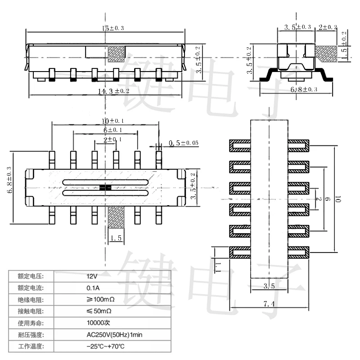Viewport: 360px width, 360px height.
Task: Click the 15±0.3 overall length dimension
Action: [110, 28]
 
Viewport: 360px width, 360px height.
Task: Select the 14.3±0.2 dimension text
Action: [113, 91]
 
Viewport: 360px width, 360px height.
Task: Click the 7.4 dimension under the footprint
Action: [269, 305]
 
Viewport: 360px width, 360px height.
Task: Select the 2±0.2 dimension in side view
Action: [328, 27]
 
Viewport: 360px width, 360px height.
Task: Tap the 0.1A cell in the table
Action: [93, 288]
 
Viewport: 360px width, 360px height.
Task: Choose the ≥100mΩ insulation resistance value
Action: [101, 299]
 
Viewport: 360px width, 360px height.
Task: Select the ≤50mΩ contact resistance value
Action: [99, 311]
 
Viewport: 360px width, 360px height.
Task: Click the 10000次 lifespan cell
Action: [98, 323]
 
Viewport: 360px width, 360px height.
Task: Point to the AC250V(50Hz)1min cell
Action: [114, 334]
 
